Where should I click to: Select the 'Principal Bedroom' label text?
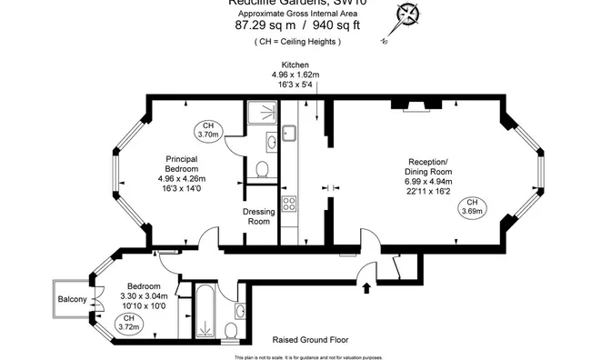coord(182,164)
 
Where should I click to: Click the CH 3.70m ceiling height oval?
coord(208,129)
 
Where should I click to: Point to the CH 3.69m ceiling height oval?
coord(471,206)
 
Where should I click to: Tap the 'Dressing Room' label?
coord(259,216)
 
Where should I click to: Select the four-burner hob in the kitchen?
coord(290,204)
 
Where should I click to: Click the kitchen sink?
coord(289,134)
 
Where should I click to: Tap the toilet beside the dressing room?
coord(262,169)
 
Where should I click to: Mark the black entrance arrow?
coord(367,288)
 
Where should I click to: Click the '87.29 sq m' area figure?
coord(260,26)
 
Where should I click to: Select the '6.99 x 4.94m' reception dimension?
coord(427,182)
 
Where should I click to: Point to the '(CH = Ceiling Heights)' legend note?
coord(300,42)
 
